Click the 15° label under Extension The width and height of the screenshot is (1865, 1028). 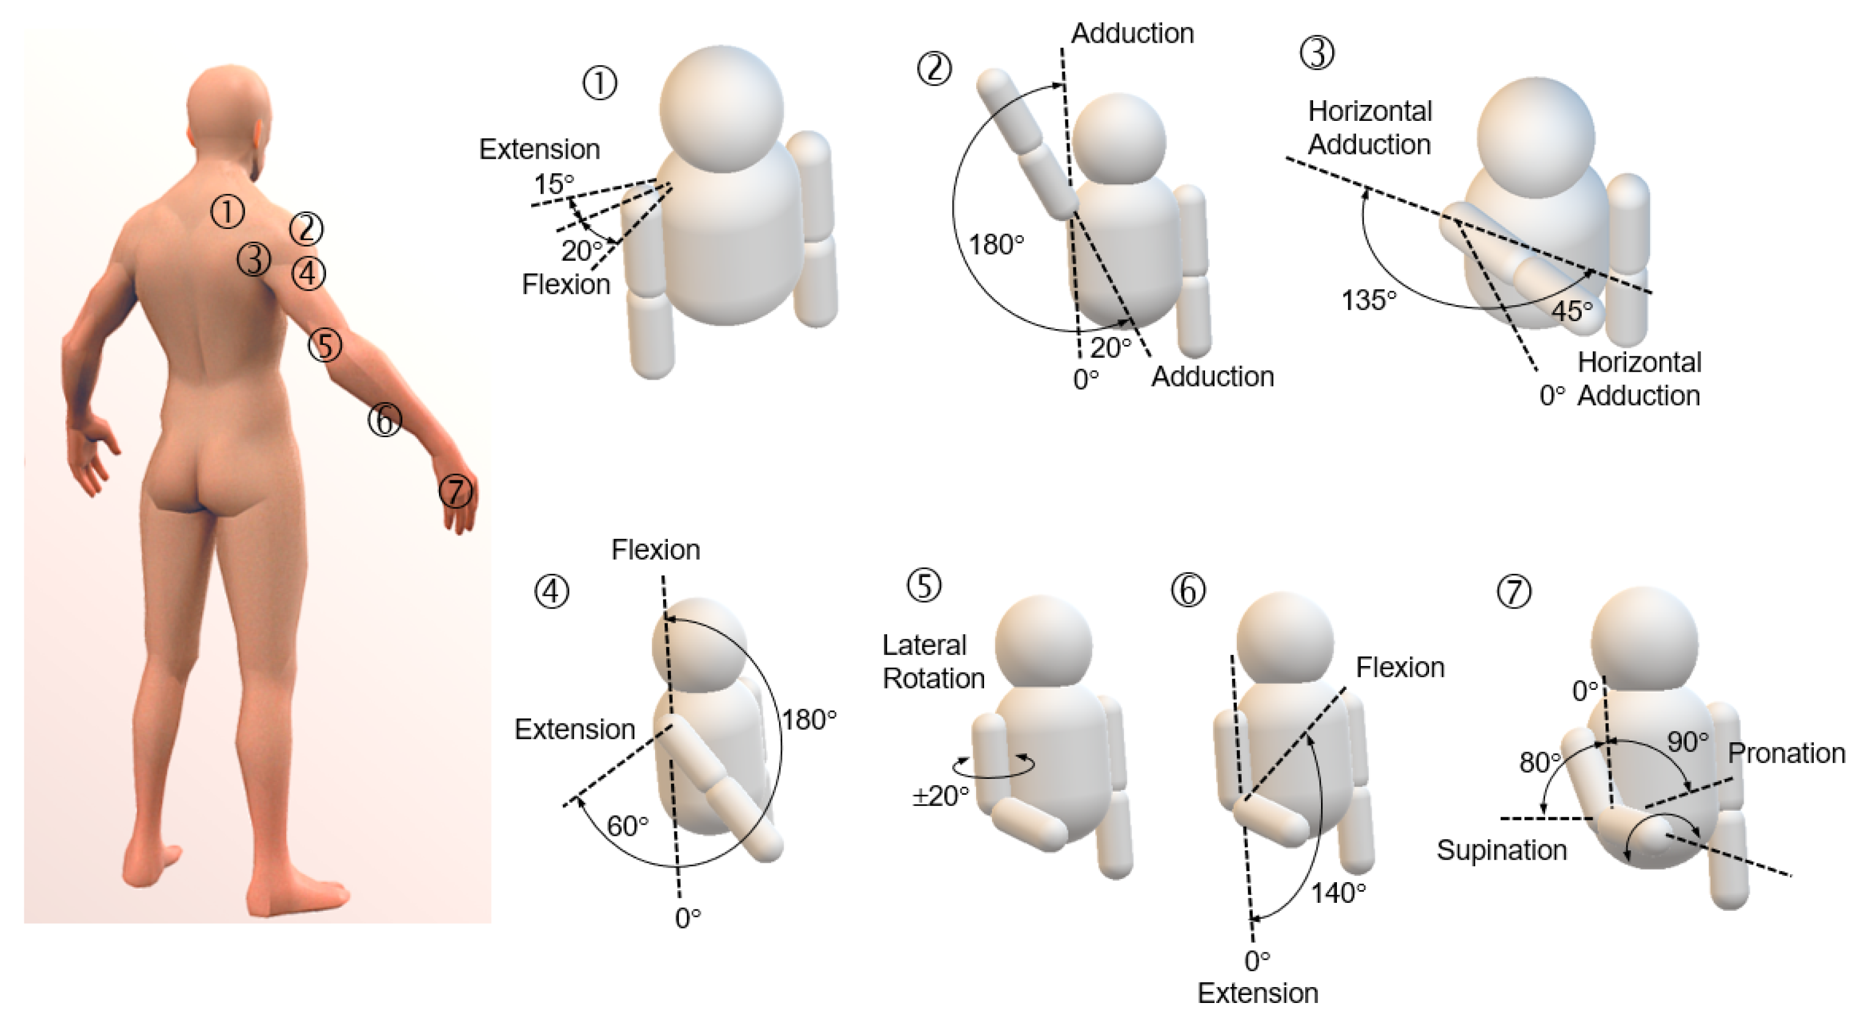click(x=553, y=184)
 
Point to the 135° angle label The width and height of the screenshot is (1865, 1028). click(x=1367, y=299)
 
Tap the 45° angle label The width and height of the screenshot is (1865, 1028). click(x=1572, y=311)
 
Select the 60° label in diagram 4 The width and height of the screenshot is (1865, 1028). click(x=627, y=825)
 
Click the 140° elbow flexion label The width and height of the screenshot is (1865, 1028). click(x=1338, y=892)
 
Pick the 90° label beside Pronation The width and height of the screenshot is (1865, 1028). click(x=1687, y=741)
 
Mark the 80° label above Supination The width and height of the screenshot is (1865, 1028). click(x=1539, y=762)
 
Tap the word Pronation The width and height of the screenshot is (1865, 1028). click(x=1786, y=754)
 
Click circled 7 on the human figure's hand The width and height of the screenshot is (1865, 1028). click(x=455, y=491)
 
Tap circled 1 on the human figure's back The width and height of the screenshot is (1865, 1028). click(x=227, y=212)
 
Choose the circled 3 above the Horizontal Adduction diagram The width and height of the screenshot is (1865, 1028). click(x=1317, y=53)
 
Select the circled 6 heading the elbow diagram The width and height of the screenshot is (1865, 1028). click(x=1188, y=590)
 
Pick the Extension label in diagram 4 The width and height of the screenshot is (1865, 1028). click(x=574, y=729)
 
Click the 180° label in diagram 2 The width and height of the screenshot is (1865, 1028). click(x=996, y=245)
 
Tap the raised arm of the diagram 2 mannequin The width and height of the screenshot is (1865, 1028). click(x=1024, y=141)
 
